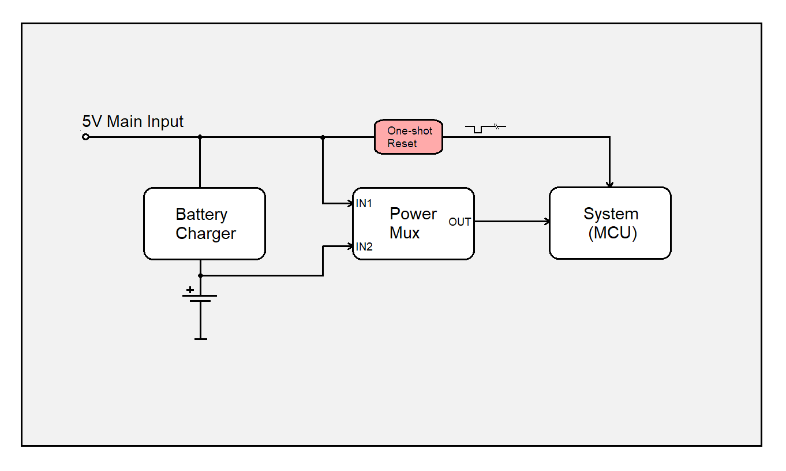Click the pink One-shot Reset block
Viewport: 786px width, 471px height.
tap(409, 137)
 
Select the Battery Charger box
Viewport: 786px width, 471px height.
tap(204, 223)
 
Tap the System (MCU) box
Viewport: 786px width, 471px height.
tap(610, 223)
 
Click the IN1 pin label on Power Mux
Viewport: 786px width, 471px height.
tap(364, 204)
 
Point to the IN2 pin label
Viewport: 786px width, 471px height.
tap(364, 247)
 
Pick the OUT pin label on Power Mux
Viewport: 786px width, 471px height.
tap(459, 222)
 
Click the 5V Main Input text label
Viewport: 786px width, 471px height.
tap(133, 122)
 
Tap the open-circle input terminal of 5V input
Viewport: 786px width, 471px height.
tap(85, 137)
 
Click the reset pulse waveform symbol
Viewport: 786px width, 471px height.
tap(485, 128)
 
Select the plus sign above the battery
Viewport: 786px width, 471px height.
tap(190, 290)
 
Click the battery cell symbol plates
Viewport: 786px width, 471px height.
tap(200, 298)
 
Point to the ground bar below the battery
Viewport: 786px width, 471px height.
tap(200, 339)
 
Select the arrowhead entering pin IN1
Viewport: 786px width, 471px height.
tap(349, 203)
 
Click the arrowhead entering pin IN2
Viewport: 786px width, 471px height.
tap(349, 246)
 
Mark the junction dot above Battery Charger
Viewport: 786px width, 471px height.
tap(200, 137)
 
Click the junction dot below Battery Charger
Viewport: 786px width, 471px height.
tap(200, 275)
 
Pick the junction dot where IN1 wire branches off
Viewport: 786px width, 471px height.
tap(323, 137)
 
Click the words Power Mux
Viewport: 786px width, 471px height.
tap(413, 223)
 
